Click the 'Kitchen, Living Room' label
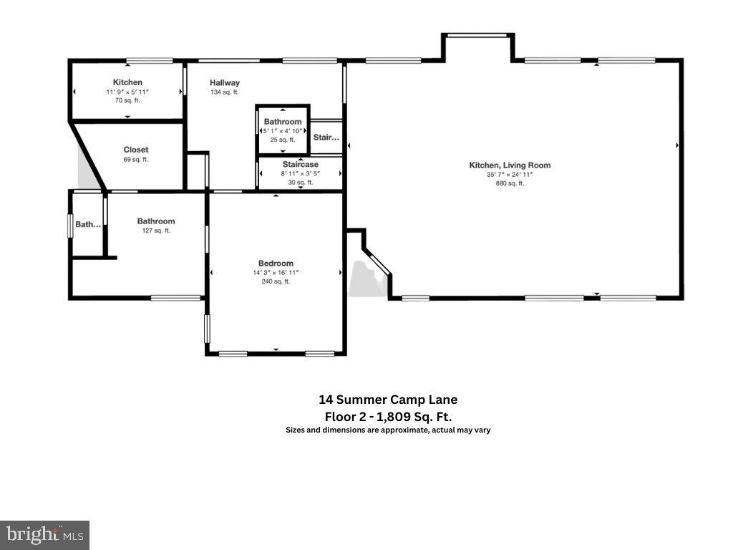tap(510, 165)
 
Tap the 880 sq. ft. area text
tap(510, 183)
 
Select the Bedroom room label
tap(276, 263)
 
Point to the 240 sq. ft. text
tap(276, 281)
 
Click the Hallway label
tap(225, 83)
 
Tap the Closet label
tap(136, 150)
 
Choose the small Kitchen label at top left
tap(127, 82)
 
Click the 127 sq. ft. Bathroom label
tap(156, 221)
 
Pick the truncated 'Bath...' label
tap(89, 224)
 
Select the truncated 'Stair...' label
tap(326, 137)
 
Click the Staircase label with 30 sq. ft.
tap(300, 164)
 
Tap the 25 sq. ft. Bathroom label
tap(283, 122)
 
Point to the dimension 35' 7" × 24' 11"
tap(510, 175)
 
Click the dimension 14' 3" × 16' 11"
tap(276, 272)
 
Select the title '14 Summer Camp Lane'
tap(388, 400)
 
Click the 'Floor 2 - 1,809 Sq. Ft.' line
tap(388, 416)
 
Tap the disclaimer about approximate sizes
tap(388, 430)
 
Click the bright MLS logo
tap(44, 534)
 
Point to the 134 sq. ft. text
tap(224, 92)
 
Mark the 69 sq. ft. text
tap(136, 159)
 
